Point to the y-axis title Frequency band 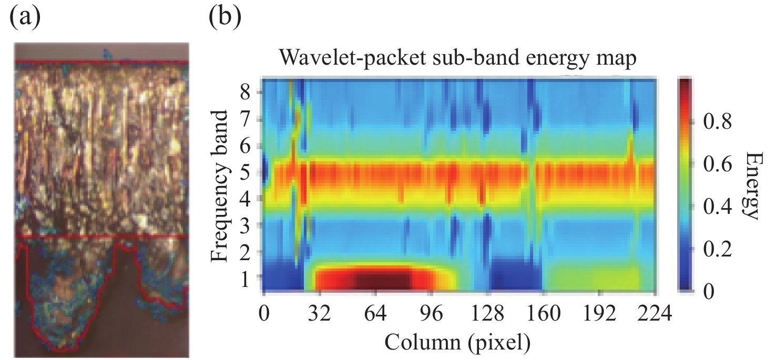tap(222, 187)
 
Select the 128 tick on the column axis tap(487, 315)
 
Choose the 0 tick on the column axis tap(264, 315)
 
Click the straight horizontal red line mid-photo tap(100, 237)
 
